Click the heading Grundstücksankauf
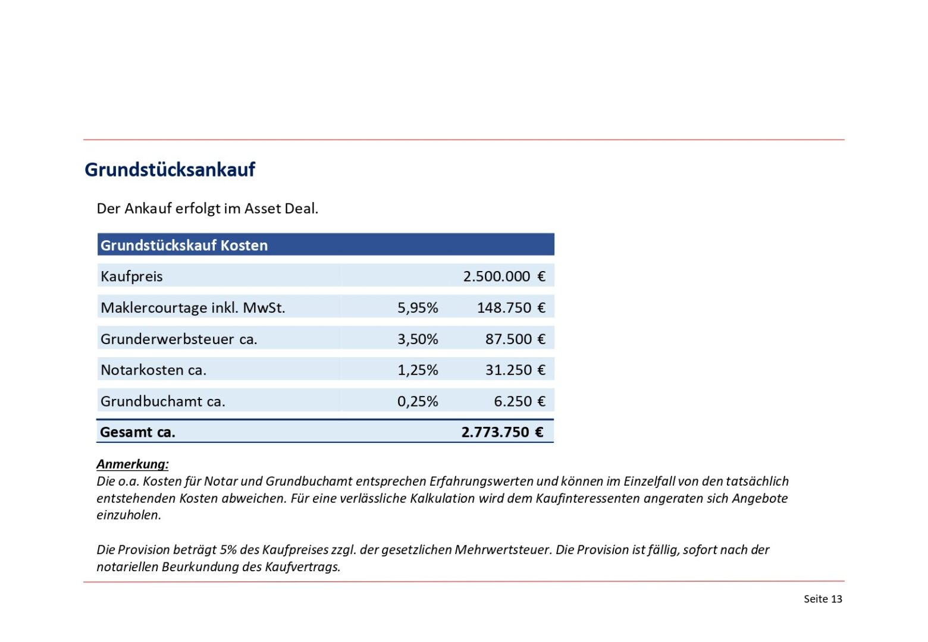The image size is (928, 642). point(170,169)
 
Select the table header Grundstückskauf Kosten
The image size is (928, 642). point(184,246)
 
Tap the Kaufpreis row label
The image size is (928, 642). point(131,276)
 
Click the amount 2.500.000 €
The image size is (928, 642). point(504,276)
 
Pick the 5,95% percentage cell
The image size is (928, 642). point(418,308)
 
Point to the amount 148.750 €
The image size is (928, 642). point(511,308)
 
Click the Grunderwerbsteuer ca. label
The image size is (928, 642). point(178,339)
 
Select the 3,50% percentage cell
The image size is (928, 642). point(418,339)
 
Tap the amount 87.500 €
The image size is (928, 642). point(515,339)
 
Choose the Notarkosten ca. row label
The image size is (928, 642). point(153,370)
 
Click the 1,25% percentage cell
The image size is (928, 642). point(418,370)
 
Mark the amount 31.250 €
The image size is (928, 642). point(515,370)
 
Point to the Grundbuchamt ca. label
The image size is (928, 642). point(163,402)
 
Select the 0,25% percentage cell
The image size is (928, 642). point(418,402)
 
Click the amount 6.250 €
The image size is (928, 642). point(519,402)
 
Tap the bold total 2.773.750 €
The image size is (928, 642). point(503,432)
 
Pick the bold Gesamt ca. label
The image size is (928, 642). point(137,432)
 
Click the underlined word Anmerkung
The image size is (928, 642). point(132,464)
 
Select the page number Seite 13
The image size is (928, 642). point(823,599)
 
